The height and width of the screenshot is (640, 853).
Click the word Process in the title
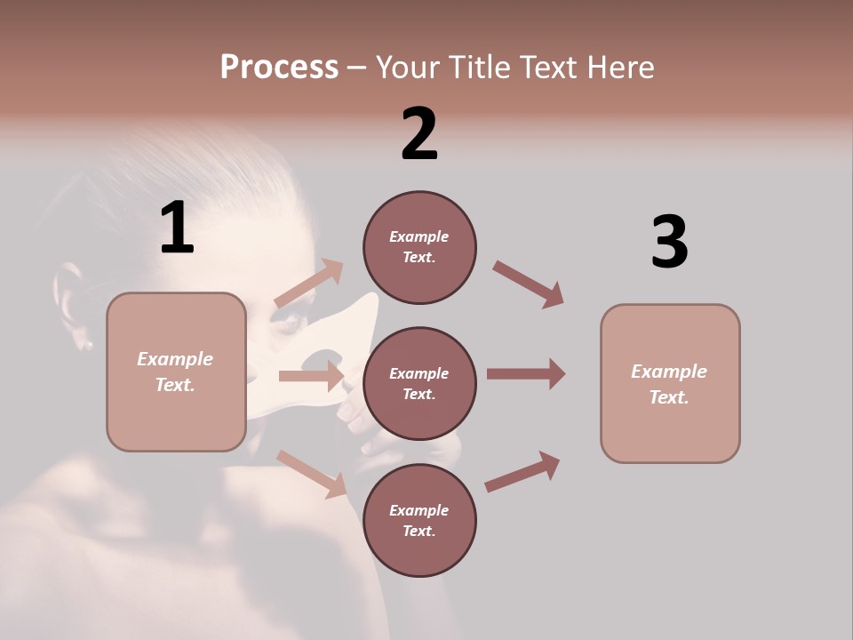(279, 68)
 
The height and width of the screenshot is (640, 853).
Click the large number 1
(177, 228)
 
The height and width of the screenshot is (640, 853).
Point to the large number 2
(419, 134)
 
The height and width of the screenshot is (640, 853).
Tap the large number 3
(669, 243)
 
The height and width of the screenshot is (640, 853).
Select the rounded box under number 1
(176, 372)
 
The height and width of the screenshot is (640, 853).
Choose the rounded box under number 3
(670, 384)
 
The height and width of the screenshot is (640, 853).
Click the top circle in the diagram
(419, 247)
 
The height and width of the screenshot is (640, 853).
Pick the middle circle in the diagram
(419, 383)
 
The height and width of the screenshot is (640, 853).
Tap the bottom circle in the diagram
(419, 520)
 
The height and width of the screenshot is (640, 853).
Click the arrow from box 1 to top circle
(309, 284)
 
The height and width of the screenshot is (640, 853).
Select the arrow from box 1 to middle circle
(311, 376)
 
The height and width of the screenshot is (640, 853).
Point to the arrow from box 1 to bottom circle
(311, 473)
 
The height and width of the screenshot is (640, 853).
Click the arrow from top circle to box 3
(529, 284)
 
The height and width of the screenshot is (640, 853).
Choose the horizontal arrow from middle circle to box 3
(526, 374)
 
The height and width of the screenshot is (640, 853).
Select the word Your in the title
(408, 68)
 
